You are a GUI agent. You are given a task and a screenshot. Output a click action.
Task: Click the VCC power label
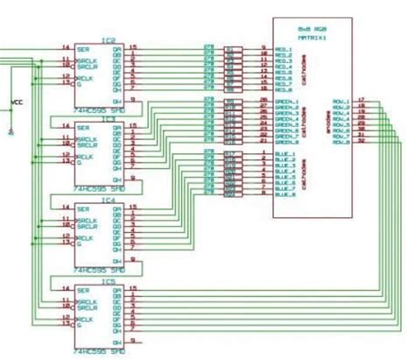tap(17, 102)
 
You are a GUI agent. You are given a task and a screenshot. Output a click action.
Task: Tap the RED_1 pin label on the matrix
tap(284, 48)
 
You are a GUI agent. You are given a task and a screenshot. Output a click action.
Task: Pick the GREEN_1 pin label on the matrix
tap(286, 101)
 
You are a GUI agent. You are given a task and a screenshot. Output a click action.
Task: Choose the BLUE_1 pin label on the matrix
tap(285, 154)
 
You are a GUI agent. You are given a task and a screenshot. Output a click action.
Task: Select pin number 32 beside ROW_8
tap(361, 141)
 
